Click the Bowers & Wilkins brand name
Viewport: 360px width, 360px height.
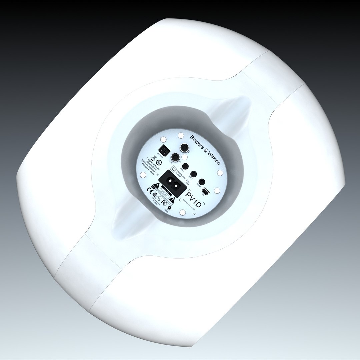tap(205, 150)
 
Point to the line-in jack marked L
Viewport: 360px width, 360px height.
tap(184, 147)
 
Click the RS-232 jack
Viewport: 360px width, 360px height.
tap(201, 182)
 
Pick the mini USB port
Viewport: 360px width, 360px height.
tap(206, 192)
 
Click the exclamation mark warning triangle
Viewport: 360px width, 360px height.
tap(172, 200)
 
